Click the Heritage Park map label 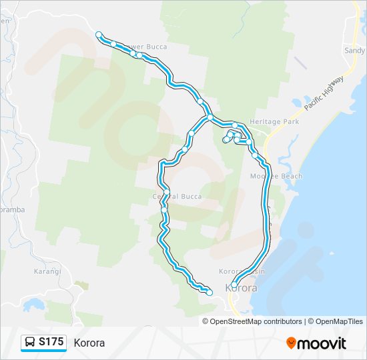tap(274, 122)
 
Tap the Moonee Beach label tap(276, 176)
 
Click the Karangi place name tap(47, 271)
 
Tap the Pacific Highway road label tap(324, 94)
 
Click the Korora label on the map tap(241, 288)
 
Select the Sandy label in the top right tap(354, 50)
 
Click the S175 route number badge tap(51, 342)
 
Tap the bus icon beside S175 tap(30, 342)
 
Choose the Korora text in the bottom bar tap(89, 343)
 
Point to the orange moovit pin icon tap(291, 343)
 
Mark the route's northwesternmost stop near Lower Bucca tap(99, 35)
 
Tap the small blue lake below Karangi tap(31, 305)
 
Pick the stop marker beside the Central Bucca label tap(167, 193)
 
